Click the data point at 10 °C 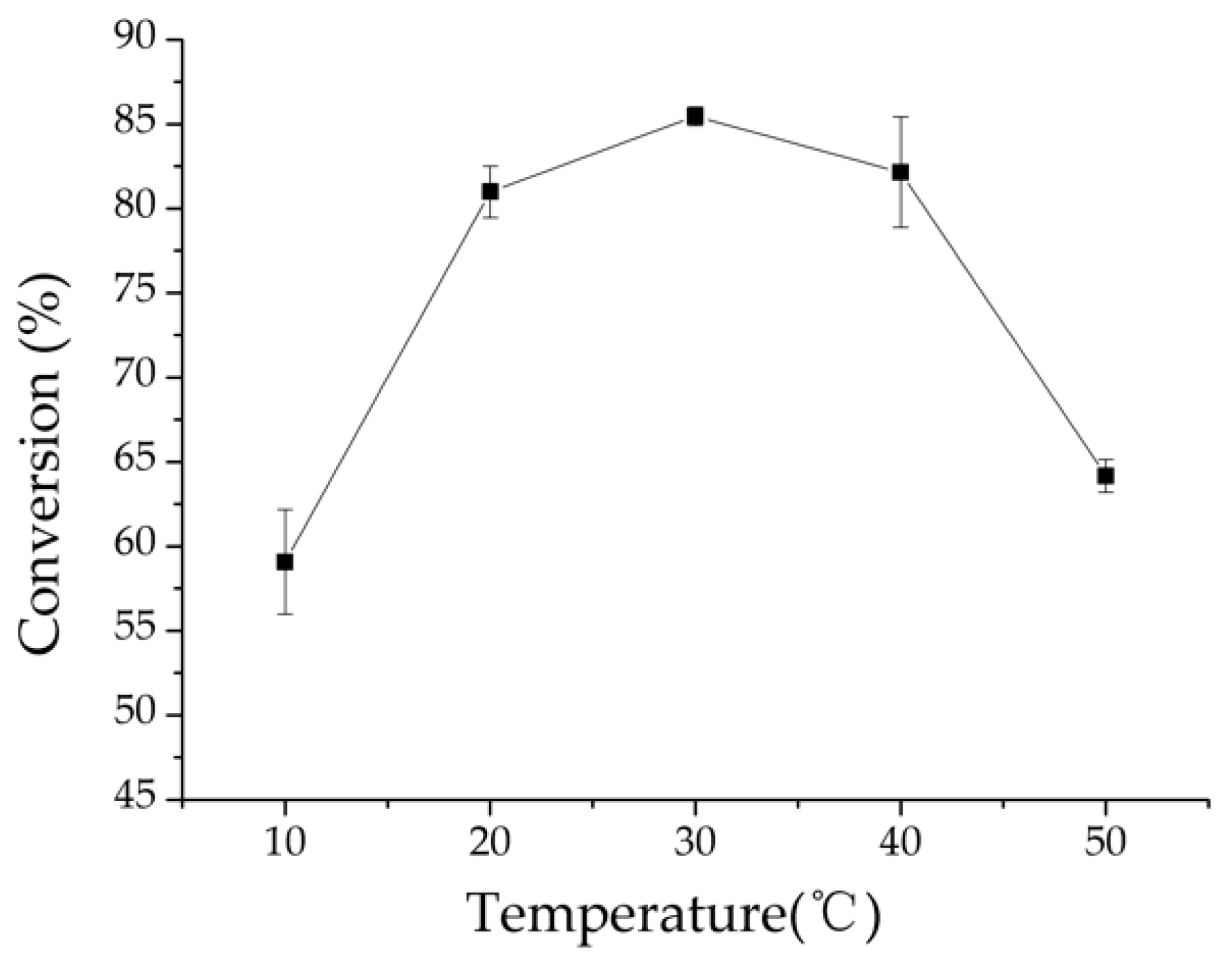284,562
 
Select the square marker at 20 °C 490,191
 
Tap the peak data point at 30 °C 695,115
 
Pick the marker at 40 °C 900,172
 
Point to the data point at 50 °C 1105,476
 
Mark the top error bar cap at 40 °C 900,118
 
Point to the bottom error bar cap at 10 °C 284,613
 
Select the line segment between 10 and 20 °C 387,377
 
